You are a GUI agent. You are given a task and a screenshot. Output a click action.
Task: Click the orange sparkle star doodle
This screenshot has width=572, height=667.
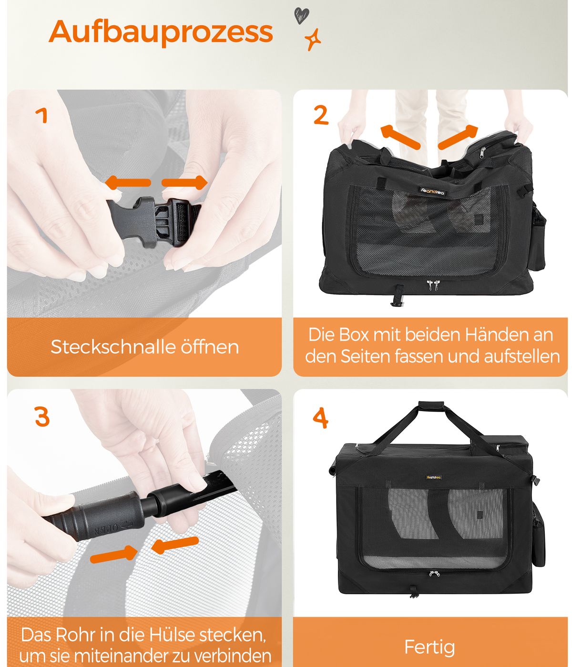pyautogui.click(x=313, y=40)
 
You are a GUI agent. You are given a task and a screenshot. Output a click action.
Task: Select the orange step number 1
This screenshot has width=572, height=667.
pyautogui.click(x=41, y=115)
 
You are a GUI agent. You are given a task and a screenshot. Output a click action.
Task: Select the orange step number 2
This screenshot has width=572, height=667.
pyautogui.click(x=321, y=115)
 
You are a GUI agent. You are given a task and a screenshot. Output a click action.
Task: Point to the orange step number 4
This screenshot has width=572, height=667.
pyautogui.click(x=320, y=417)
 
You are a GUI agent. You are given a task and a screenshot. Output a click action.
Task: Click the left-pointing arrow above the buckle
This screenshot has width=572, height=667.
pyautogui.click(x=128, y=182)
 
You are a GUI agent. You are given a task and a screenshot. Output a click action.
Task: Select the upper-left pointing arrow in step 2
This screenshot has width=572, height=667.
pyautogui.click(x=400, y=137)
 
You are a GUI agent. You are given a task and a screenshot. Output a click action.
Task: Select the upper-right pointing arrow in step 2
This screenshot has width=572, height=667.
pyautogui.click(x=458, y=137)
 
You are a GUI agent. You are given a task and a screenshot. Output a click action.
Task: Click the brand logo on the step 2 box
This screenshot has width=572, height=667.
pyautogui.click(x=432, y=191)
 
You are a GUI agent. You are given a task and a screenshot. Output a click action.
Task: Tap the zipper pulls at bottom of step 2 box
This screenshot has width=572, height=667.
pyautogui.click(x=433, y=285)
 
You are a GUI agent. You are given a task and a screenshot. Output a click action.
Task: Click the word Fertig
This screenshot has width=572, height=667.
pyautogui.click(x=429, y=647)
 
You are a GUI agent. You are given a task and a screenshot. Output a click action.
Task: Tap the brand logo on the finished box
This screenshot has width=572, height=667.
pyautogui.click(x=434, y=477)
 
